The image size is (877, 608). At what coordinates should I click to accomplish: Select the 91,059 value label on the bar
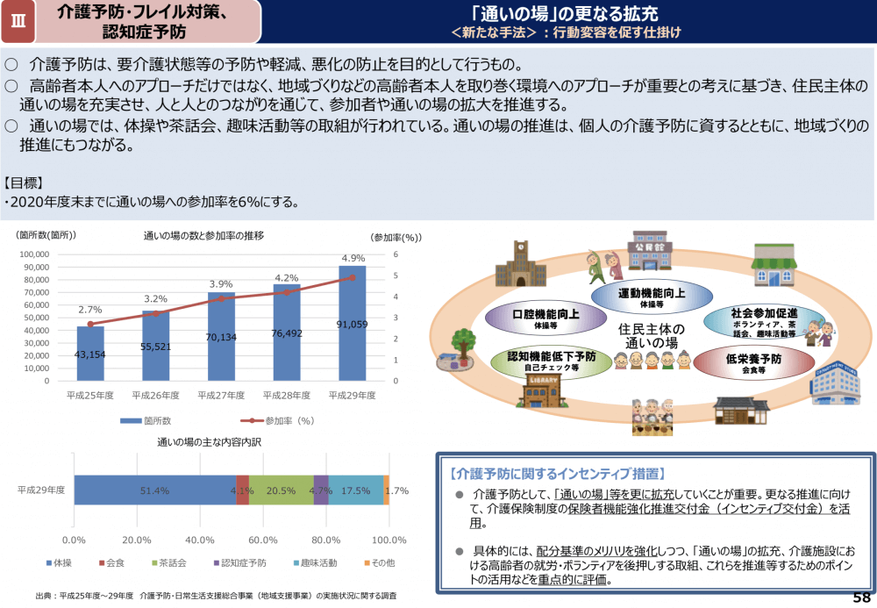(353, 324)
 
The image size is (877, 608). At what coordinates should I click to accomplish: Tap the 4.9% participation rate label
(353, 258)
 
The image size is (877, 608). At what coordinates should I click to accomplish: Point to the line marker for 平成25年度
(90, 324)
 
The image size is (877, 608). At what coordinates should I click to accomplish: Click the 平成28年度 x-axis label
(287, 395)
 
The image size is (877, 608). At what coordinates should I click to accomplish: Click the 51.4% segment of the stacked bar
(155, 490)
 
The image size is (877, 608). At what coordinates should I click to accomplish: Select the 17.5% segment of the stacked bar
(355, 490)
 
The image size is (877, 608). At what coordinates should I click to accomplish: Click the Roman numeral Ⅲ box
(19, 22)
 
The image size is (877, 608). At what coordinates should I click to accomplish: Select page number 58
(861, 597)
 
